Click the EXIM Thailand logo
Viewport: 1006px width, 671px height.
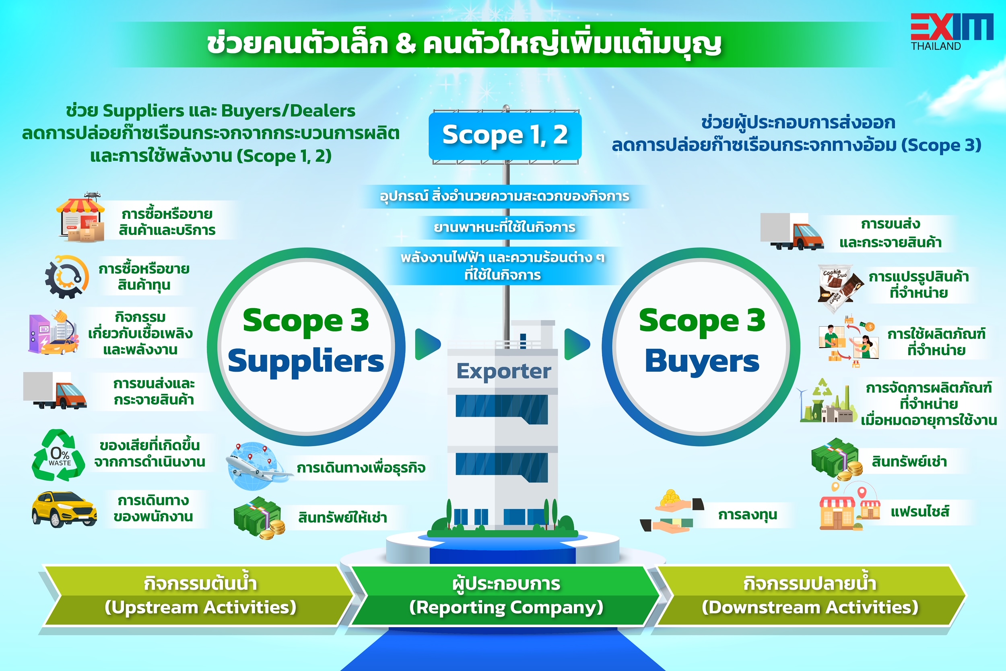952,32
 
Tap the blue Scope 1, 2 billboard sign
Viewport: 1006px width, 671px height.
505,136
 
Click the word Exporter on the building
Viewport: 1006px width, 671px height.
503,371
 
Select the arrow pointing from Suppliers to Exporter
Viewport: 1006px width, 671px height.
428,344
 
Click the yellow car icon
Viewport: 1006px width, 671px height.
64,509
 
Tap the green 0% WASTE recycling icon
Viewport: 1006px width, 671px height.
59,455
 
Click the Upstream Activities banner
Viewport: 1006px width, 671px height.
199,595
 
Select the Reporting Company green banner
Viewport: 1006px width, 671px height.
505,595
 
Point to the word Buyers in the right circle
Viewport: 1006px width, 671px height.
702,361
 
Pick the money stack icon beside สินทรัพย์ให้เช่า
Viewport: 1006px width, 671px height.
260,518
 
